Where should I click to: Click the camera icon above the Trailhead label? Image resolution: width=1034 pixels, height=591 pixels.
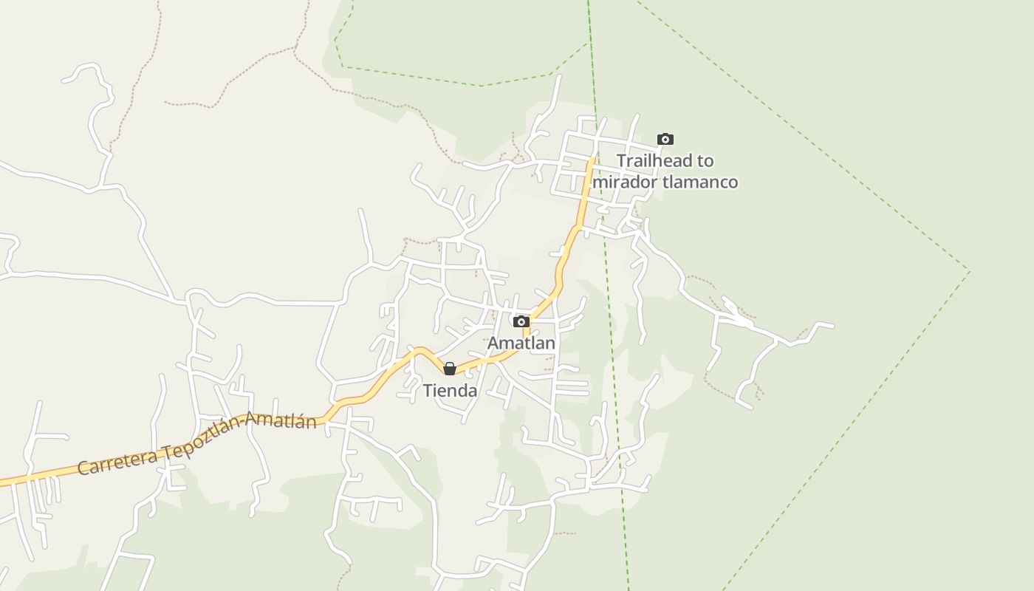(x=665, y=139)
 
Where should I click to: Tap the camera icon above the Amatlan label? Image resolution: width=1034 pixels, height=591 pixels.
(x=521, y=321)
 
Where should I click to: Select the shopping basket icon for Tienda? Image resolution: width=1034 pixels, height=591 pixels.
(x=450, y=369)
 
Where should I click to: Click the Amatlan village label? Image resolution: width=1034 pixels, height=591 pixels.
(x=521, y=344)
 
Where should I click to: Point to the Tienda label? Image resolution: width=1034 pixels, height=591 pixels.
(x=450, y=391)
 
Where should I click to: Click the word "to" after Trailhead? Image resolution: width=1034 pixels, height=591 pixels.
(x=705, y=161)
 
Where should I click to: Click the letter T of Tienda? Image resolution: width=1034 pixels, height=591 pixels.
(x=428, y=391)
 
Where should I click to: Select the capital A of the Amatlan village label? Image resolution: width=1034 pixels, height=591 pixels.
(x=493, y=344)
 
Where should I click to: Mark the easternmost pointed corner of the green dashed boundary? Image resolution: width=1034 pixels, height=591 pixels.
(x=970, y=271)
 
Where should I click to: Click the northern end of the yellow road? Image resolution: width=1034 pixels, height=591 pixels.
(x=592, y=157)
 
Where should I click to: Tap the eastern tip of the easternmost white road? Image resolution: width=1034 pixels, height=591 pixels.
(x=833, y=326)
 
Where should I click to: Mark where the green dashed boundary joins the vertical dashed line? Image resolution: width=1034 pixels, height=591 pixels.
(x=589, y=43)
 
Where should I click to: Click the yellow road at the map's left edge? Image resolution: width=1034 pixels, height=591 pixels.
(x=2, y=483)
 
